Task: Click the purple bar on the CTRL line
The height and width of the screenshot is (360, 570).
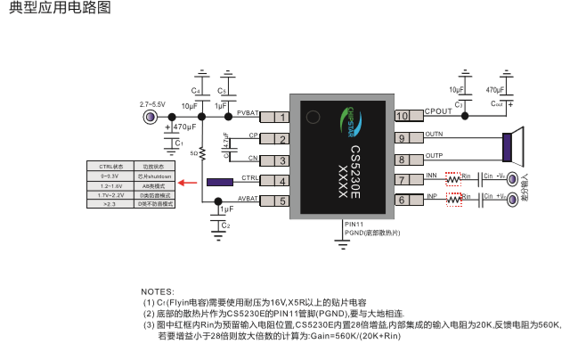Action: [x=220, y=182]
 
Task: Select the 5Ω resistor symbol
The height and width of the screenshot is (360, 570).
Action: [x=203, y=153]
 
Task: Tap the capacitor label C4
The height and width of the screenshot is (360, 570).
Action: [x=195, y=92]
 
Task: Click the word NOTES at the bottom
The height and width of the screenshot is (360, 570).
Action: [x=158, y=292]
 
